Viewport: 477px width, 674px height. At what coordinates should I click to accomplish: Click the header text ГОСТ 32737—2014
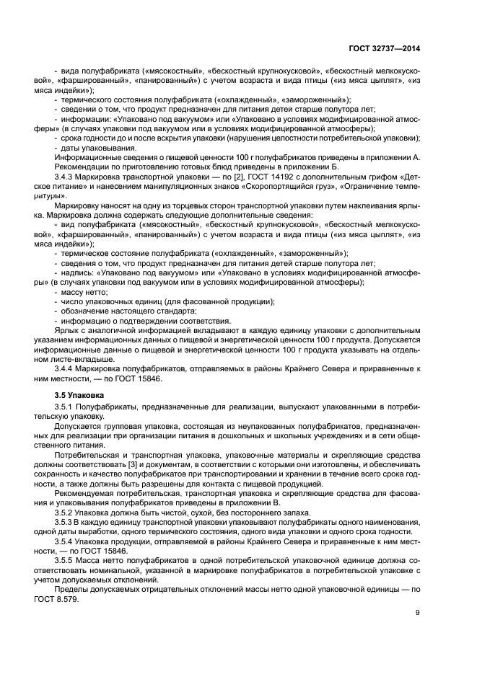(385, 49)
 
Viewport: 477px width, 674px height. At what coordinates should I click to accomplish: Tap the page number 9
(418, 613)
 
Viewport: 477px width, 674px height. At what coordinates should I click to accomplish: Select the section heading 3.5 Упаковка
(79, 395)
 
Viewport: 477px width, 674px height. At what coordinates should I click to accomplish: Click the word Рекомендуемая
(88, 492)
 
